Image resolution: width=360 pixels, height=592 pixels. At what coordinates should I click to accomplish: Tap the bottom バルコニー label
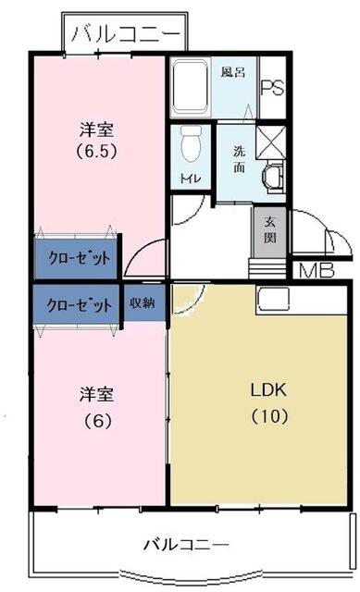pyautogui.click(x=185, y=543)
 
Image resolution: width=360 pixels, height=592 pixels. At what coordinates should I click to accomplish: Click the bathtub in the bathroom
pyautogui.click(x=192, y=89)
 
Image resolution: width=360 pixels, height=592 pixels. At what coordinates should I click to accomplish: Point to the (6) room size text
pyautogui.click(x=93, y=420)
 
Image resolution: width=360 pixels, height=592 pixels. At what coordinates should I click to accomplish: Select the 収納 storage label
pyautogui.click(x=142, y=302)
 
